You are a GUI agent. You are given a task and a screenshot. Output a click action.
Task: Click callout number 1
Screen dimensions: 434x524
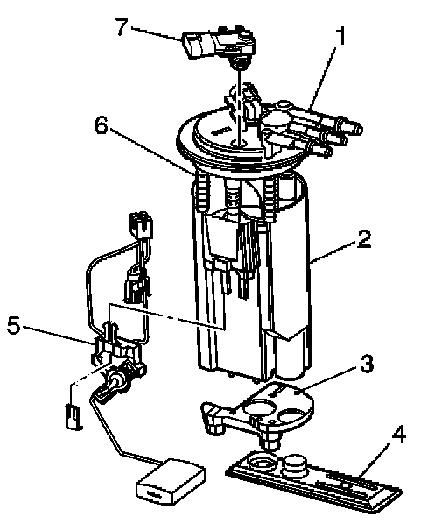(339, 36)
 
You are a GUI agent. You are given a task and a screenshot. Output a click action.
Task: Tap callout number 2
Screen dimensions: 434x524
(364, 238)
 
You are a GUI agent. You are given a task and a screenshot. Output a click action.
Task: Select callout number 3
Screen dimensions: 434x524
(367, 364)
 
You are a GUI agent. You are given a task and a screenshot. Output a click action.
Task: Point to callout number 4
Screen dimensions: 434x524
(399, 435)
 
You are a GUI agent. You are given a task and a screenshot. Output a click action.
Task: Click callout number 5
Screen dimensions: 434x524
(14, 325)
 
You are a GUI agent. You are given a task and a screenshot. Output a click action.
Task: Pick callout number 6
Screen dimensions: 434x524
(101, 125)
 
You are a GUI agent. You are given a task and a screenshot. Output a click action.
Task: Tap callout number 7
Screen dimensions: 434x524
(122, 27)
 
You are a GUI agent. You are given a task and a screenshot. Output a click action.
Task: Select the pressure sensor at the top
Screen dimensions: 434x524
(219, 45)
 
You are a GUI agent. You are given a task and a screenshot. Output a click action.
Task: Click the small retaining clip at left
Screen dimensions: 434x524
(73, 416)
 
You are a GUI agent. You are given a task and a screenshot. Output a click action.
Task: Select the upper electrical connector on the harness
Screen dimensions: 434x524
(141, 223)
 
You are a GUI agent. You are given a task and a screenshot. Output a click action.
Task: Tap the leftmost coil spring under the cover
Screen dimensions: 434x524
(201, 192)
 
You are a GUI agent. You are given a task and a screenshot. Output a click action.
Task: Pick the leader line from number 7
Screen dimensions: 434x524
(156, 34)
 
